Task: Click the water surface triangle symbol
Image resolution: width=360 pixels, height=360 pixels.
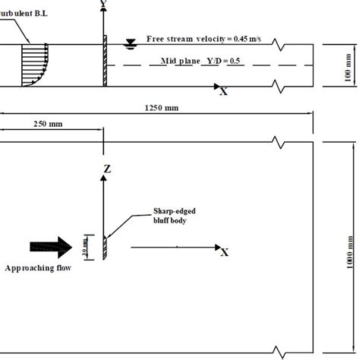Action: tap(131, 43)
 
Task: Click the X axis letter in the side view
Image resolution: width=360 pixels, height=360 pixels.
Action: tap(223, 91)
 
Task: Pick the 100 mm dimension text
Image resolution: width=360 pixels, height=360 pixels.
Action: tap(349, 65)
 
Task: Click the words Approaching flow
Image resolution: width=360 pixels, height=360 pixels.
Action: tap(38, 268)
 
